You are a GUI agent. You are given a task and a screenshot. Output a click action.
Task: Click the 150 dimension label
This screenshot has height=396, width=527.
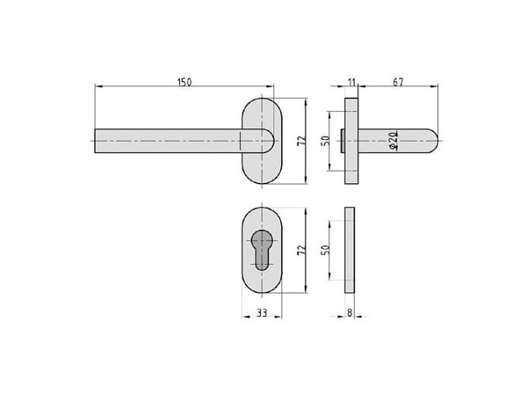pyautogui.click(x=184, y=82)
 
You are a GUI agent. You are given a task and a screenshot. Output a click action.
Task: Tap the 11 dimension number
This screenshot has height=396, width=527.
pyautogui.click(x=351, y=82)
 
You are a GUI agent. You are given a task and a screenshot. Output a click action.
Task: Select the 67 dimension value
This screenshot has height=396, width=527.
pyautogui.click(x=398, y=82)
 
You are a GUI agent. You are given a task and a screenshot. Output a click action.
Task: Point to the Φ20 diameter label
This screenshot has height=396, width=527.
pyautogui.click(x=393, y=141)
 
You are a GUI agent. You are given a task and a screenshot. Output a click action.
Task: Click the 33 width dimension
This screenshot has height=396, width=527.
pyautogui.click(x=262, y=312)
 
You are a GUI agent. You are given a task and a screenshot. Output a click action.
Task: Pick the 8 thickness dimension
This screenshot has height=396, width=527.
pyautogui.click(x=350, y=312)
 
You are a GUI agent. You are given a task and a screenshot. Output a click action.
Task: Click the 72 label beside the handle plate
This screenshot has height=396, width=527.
pyautogui.click(x=301, y=141)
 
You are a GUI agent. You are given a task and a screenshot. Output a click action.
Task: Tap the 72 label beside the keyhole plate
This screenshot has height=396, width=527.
pyautogui.click(x=301, y=250)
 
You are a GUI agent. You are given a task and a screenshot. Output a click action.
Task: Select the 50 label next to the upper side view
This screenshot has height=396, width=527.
pyautogui.click(x=325, y=141)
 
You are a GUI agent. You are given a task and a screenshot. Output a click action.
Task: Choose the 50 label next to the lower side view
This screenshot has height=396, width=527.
pyautogui.click(x=325, y=250)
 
